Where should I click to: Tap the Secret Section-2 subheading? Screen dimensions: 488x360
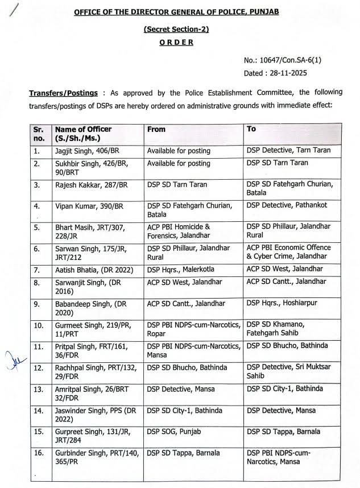(176, 29)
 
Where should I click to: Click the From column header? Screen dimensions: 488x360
(156, 130)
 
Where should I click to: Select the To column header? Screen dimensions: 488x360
(251, 129)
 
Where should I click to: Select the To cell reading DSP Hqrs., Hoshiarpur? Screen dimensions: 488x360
(280, 304)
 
